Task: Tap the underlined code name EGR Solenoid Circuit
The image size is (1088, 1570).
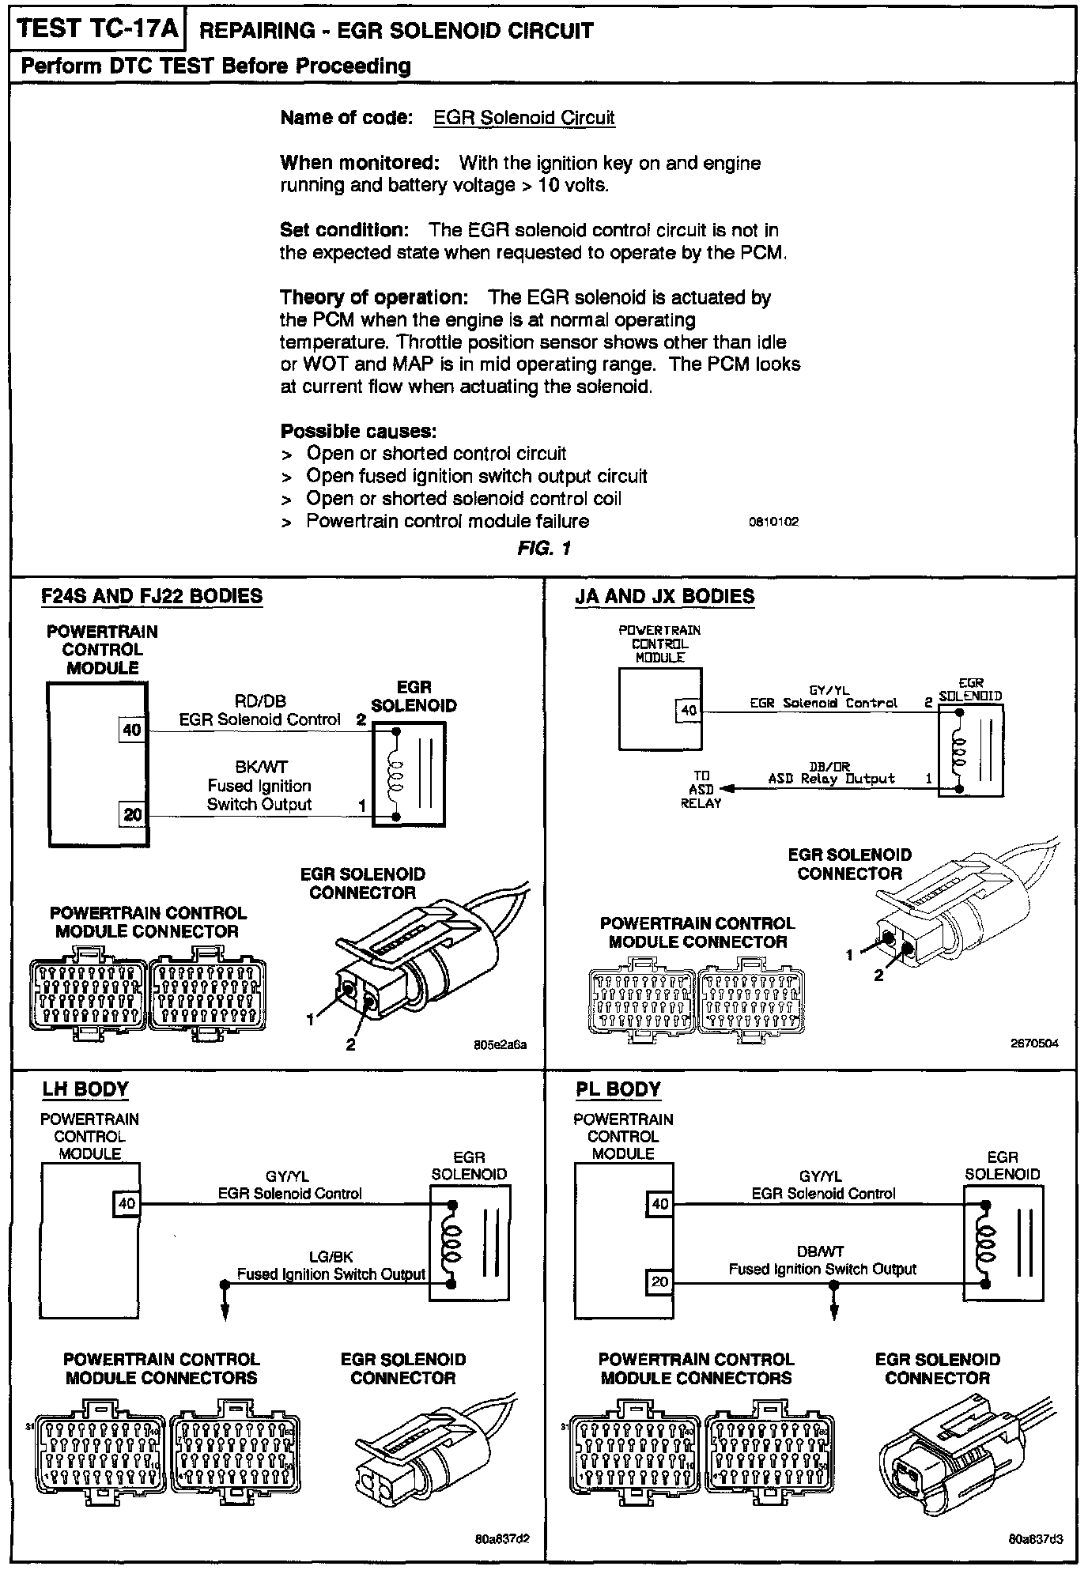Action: coord(523,118)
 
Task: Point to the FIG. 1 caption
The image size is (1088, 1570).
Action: coord(544,548)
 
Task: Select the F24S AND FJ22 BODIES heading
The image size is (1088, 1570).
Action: coord(152,596)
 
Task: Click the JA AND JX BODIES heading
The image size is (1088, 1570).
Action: coord(664,596)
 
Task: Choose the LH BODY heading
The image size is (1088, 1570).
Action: coord(85,1089)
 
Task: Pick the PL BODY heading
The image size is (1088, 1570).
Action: coord(618,1089)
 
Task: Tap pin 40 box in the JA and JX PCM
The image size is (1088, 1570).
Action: coord(689,710)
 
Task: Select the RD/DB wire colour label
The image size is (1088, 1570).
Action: coord(260,701)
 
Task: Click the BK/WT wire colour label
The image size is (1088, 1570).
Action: coord(261,767)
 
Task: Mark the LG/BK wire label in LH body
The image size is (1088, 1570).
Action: coord(331,1256)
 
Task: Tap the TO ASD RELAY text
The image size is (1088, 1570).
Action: coord(701,789)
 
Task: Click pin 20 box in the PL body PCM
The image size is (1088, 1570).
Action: coord(659,1281)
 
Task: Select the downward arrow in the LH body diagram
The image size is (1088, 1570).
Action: coord(225,1310)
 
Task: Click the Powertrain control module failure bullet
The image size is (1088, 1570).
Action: coord(447,521)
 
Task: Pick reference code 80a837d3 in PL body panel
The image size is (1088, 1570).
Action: coord(1035,1540)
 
